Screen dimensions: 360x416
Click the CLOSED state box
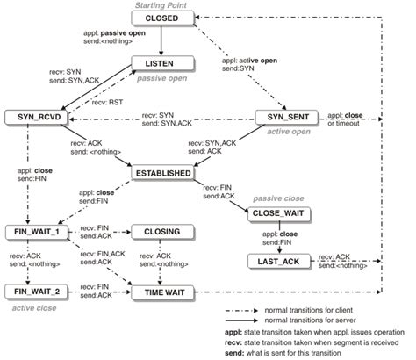coord(162,18)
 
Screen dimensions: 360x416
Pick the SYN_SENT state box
coord(283,117)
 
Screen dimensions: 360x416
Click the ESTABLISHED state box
coord(163,174)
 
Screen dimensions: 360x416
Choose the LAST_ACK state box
coord(278,262)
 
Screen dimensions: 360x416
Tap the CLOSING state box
coord(160,232)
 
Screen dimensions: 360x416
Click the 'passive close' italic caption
coord(279,198)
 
